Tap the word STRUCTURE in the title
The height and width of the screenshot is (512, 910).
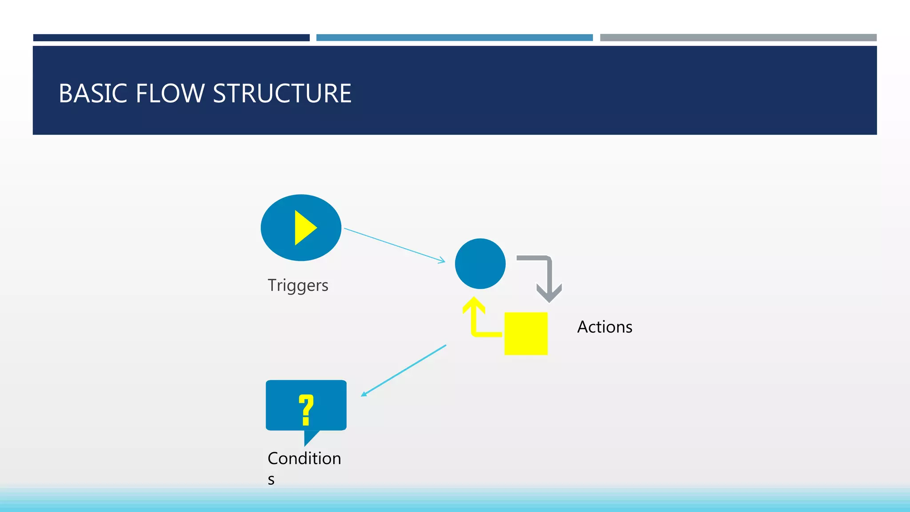(282, 94)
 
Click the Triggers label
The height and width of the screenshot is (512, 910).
(298, 285)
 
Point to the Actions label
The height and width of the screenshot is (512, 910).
(604, 327)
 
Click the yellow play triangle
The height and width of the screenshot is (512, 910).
(304, 228)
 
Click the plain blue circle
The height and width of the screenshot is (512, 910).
(480, 264)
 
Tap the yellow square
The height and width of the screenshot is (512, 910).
(526, 333)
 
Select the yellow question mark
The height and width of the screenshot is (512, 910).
(306, 409)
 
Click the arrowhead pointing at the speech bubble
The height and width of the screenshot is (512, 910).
(364, 394)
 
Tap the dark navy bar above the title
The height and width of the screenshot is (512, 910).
(171, 38)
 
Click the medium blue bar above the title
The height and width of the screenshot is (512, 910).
(454, 38)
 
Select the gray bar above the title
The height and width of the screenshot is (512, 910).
(738, 38)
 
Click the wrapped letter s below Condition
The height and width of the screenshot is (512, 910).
(271, 480)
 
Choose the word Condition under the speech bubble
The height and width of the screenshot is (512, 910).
(304, 459)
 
